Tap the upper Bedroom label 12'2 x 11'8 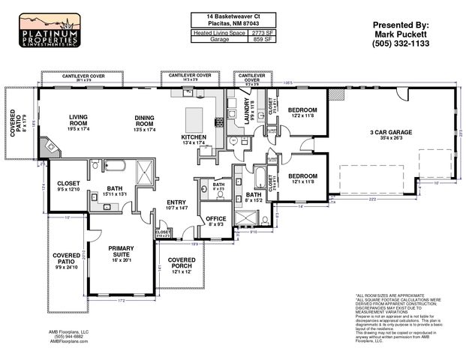[304, 110]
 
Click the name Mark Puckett [401, 33]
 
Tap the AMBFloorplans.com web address [69, 341]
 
